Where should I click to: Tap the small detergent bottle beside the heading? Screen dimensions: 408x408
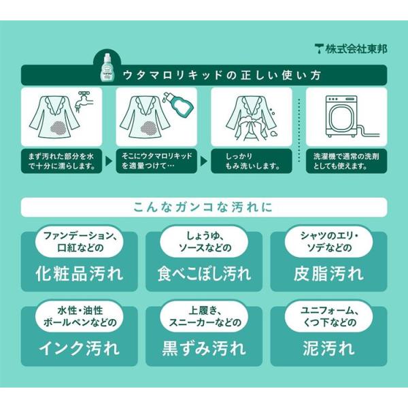(x=107, y=67)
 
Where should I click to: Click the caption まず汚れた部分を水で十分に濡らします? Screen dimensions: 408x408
(x=61, y=161)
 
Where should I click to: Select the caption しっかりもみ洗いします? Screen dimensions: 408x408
(x=252, y=161)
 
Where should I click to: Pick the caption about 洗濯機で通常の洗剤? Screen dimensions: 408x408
(x=346, y=161)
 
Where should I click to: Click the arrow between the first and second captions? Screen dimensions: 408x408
(x=109, y=161)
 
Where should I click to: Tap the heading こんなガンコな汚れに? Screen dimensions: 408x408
(x=203, y=207)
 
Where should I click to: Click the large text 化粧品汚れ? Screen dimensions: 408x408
(x=79, y=274)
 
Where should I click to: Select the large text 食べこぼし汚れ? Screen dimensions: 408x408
(x=204, y=274)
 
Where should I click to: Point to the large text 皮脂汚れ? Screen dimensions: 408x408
(x=328, y=274)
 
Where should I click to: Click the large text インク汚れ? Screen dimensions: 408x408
(x=79, y=349)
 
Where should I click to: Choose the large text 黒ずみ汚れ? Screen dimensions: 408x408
(x=204, y=349)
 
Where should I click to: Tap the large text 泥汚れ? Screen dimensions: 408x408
(x=328, y=349)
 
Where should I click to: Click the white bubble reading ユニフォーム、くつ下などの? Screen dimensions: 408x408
(x=328, y=316)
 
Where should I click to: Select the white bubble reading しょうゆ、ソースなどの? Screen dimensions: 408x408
(x=204, y=241)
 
